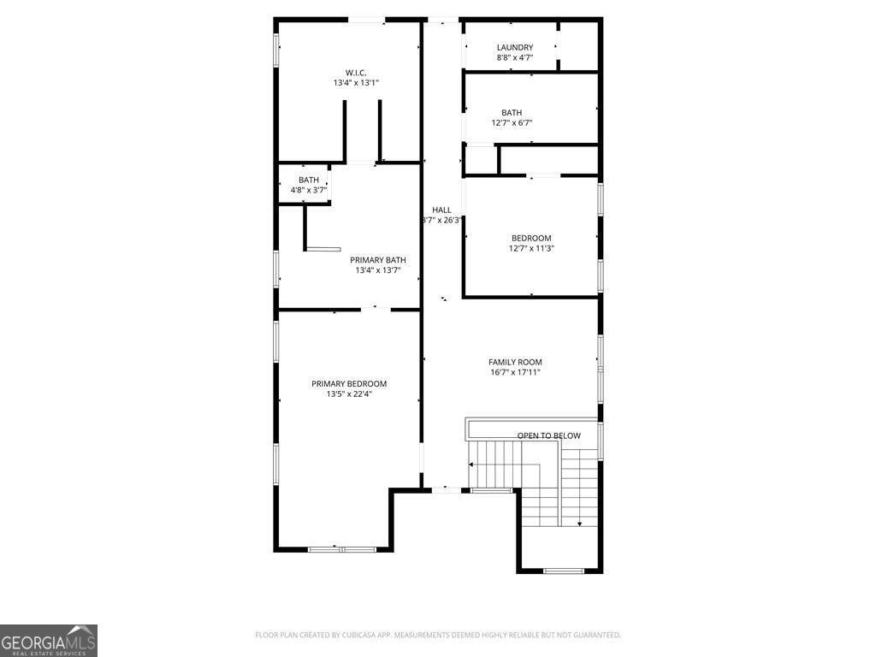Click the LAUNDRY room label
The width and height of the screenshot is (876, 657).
point(514,48)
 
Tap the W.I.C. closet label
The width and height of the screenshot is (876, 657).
point(356,73)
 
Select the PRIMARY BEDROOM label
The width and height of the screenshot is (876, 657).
point(349,384)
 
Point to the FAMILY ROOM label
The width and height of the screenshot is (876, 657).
point(515,362)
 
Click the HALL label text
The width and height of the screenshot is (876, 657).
point(441,210)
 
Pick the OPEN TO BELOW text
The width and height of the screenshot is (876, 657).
point(548,435)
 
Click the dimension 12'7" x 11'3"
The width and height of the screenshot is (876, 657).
point(531,249)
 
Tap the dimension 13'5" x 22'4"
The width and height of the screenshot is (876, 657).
point(349,394)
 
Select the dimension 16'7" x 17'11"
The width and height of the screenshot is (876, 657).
point(515,372)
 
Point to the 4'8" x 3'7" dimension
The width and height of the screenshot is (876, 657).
point(308,190)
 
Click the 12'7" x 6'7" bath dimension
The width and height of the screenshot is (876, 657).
point(512,123)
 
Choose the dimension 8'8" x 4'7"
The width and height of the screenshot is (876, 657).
point(514,57)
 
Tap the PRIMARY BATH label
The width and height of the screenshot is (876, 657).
point(377,260)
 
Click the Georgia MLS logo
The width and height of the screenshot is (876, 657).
point(49,641)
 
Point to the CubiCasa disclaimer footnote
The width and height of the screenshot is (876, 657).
point(438,636)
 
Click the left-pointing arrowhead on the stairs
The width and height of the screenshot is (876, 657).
point(471,465)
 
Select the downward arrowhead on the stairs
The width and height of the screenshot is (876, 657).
point(579,524)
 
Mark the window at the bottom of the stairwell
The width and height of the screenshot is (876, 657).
point(564,571)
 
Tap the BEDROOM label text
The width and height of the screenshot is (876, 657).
point(531,239)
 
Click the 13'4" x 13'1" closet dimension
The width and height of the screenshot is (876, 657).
point(356,83)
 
